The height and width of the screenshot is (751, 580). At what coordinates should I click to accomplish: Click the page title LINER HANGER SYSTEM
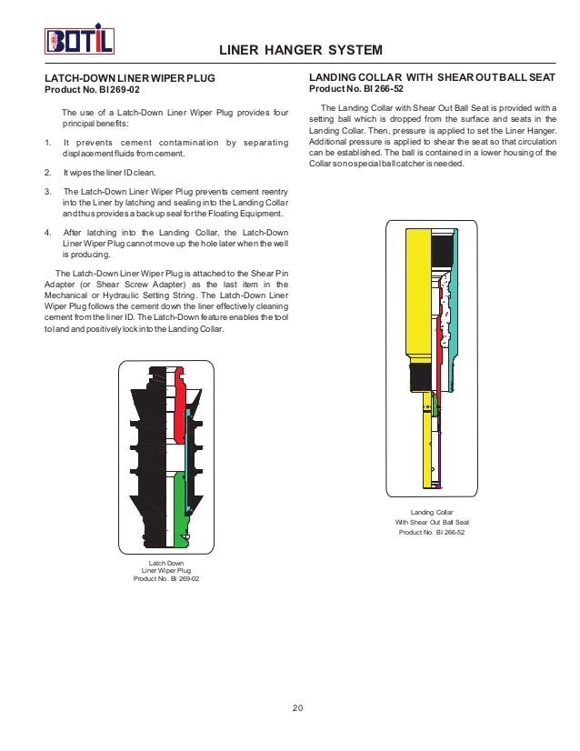(302, 49)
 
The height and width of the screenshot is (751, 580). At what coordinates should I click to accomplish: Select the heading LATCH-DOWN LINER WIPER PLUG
(130, 79)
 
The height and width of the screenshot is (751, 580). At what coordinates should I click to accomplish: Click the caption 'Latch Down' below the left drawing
(166, 565)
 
